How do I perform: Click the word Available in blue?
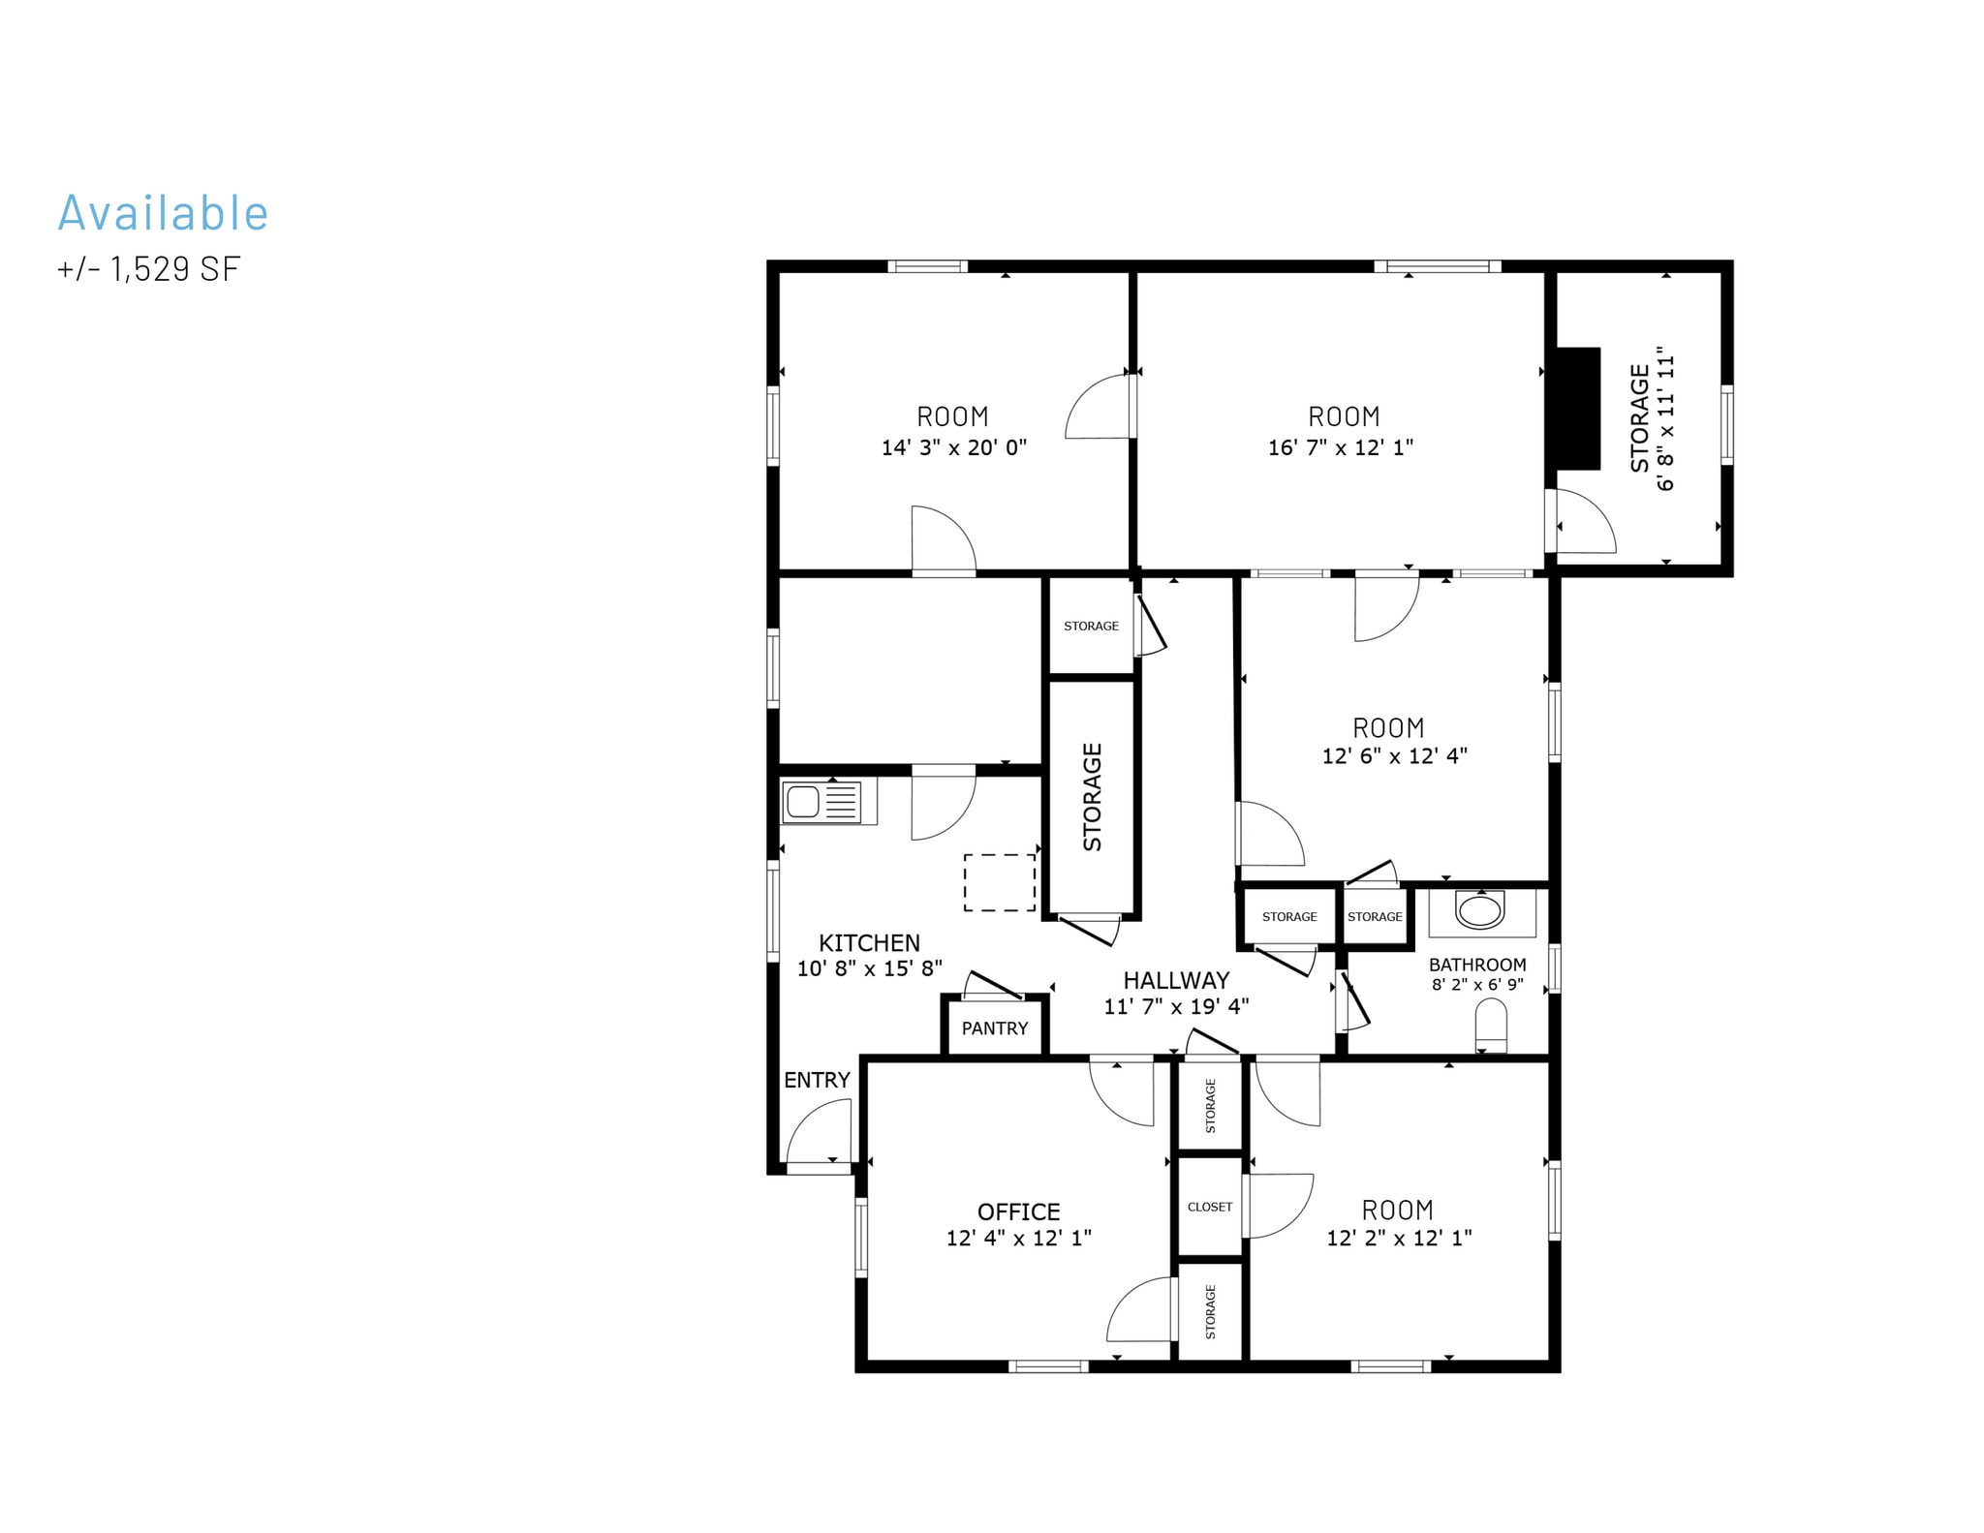[x=163, y=212]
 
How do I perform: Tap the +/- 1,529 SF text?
[x=148, y=268]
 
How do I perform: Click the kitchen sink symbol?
[x=821, y=802]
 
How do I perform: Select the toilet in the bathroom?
[x=1491, y=1027]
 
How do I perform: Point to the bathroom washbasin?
[x=1480, y=910]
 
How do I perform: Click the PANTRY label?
[x=995, y=1028]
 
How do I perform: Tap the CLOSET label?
[x=1210, y=1207]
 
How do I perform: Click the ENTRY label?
[x=817, y=1080]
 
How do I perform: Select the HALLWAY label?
[x=1176, y=980]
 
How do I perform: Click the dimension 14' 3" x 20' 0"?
[x=953, y=447]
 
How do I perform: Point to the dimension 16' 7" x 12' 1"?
[x=1341, y=447]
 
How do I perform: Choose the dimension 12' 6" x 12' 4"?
[x=1395, y=755]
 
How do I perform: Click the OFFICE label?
[x=1018, y=1211]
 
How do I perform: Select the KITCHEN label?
[x=869, y=943]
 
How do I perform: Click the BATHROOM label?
[x=1477, y=965]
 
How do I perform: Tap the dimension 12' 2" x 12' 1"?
[x=1399, y=1238]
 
